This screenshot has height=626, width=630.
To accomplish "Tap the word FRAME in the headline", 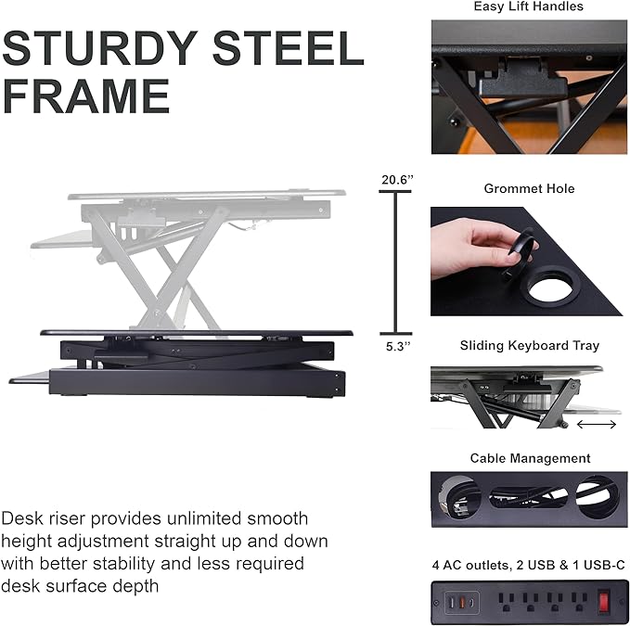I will (x=86, y=96).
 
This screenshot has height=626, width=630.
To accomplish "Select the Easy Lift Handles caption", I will (x=528, y=6).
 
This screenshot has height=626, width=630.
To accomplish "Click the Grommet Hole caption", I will (x=529, y=188).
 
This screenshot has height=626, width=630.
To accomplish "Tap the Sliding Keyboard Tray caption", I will (x=529, y=346).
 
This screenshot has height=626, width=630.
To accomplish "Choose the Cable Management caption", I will (x=530, y=458).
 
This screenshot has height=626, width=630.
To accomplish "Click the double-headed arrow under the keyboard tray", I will (x=596, y=425).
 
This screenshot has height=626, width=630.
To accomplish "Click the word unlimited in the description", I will (x=213, y=518).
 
